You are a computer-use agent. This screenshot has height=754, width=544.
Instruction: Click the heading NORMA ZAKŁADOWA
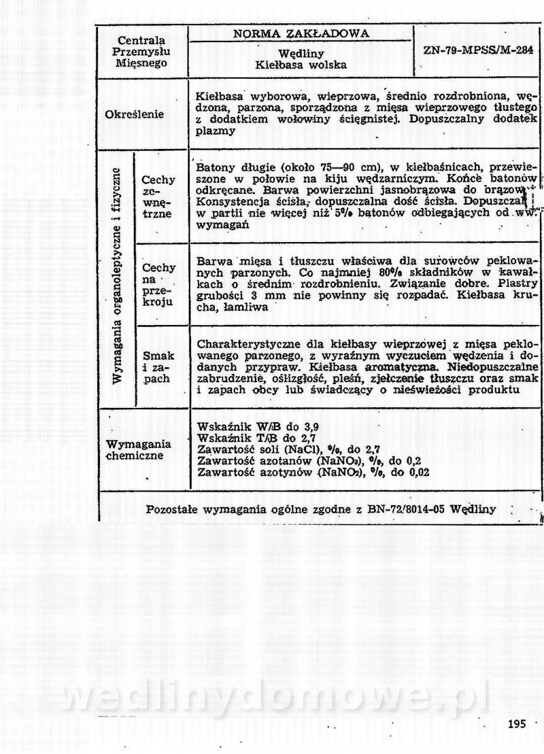click(301, 34)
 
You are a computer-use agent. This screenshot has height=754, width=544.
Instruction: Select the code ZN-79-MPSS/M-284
click(478, 50)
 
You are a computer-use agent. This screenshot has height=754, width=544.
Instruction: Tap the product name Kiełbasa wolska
click(301, 65)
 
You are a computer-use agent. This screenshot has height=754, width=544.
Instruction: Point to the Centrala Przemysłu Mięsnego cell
click(141, 51)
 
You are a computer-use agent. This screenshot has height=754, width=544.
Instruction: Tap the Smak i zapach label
click(158, 367)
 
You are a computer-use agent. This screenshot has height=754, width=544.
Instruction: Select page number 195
click(517, 723)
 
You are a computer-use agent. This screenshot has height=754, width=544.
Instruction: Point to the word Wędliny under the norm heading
click(301, 54)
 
